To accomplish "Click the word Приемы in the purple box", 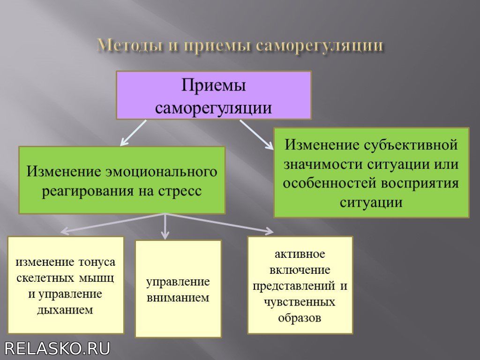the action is [214, 86].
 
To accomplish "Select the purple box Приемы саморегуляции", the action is [214, 95].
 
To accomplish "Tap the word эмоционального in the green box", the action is [161, 172].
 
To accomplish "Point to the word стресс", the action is [180, 191].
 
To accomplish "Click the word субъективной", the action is [411, 145].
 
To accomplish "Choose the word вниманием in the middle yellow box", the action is [178, 298].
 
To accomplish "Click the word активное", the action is [300, 254].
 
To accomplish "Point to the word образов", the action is [300, 318].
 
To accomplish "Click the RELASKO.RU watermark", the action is [57, 349].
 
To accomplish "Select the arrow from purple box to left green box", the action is [133, 133].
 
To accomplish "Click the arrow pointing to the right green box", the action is [256, 135].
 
